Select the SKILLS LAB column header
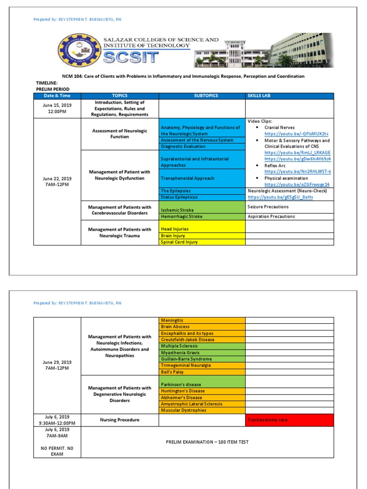[259, 96]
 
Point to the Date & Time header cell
[57, 96]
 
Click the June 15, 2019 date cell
[57, 108]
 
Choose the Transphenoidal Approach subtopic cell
[187, 178]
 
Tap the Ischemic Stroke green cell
[177, 210]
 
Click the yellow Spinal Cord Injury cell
[179, 242]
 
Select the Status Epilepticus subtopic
[179, 197]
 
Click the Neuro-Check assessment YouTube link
[280, 197]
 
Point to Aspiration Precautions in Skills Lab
[271, 216]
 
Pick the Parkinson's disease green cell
[181, 384]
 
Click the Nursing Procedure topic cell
[119, 420]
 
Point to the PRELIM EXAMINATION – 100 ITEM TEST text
[207, 442]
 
